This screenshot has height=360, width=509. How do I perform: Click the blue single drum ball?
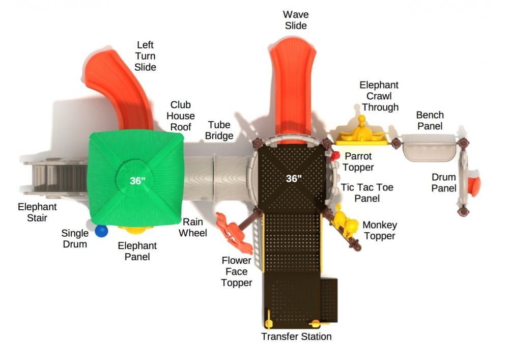(x=102, y=231)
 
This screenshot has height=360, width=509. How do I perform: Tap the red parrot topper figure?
(x=334, y=156)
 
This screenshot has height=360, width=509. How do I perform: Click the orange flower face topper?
(x=234, y=232)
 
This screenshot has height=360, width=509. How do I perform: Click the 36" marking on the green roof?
(x=137, y=180)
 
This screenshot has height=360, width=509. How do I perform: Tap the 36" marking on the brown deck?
(x=293, y=178)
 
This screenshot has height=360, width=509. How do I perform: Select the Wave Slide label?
(x=296, y=19)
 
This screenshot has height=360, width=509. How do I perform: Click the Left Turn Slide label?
(x=146, y=56)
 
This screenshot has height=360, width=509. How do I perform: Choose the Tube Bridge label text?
(x=220, y=130)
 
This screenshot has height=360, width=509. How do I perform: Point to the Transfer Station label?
(x=296, y=337)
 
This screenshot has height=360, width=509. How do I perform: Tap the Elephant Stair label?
(x=37, y=213)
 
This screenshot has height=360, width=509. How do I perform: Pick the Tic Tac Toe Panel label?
(x=367, y=192)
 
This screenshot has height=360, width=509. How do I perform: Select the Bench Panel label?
(x=430, y=120)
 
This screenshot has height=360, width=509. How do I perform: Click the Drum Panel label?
(x=444, y=182)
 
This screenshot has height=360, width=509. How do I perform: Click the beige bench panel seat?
(x=429, y=148)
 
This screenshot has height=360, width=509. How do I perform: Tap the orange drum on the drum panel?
(x=474, y=186)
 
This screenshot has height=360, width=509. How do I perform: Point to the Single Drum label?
(x=74, y=238)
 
